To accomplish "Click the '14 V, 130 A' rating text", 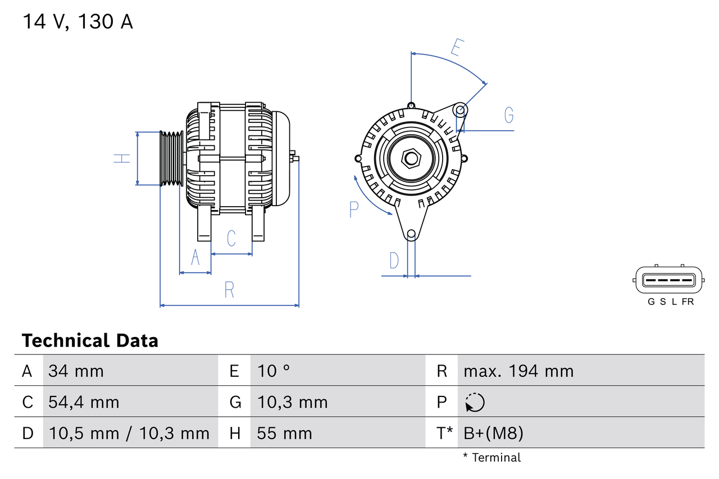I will (78, 22).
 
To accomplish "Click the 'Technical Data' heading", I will (90, 341).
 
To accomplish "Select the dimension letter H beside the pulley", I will (122, 158).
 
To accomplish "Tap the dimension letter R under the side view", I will (229, 290).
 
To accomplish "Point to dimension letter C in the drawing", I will (231, 239).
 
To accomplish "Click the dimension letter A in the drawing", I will (195, 257).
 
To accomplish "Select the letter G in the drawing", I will (508, 115).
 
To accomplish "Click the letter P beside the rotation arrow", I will (353, 209).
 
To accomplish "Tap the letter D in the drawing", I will (394, 261).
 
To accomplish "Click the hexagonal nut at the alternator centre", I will (411, 158).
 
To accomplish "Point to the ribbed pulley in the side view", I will (171, 158).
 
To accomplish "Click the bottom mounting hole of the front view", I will (411, 234).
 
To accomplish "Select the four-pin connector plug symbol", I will (668, 280).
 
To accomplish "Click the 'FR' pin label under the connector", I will (688, 302).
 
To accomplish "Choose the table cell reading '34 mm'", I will (76, 371).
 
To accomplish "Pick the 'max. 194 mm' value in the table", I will (518, 371).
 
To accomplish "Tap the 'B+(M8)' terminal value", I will (493, 433).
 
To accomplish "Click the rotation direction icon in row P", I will (475, 403).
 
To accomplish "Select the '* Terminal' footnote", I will (492, 458).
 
